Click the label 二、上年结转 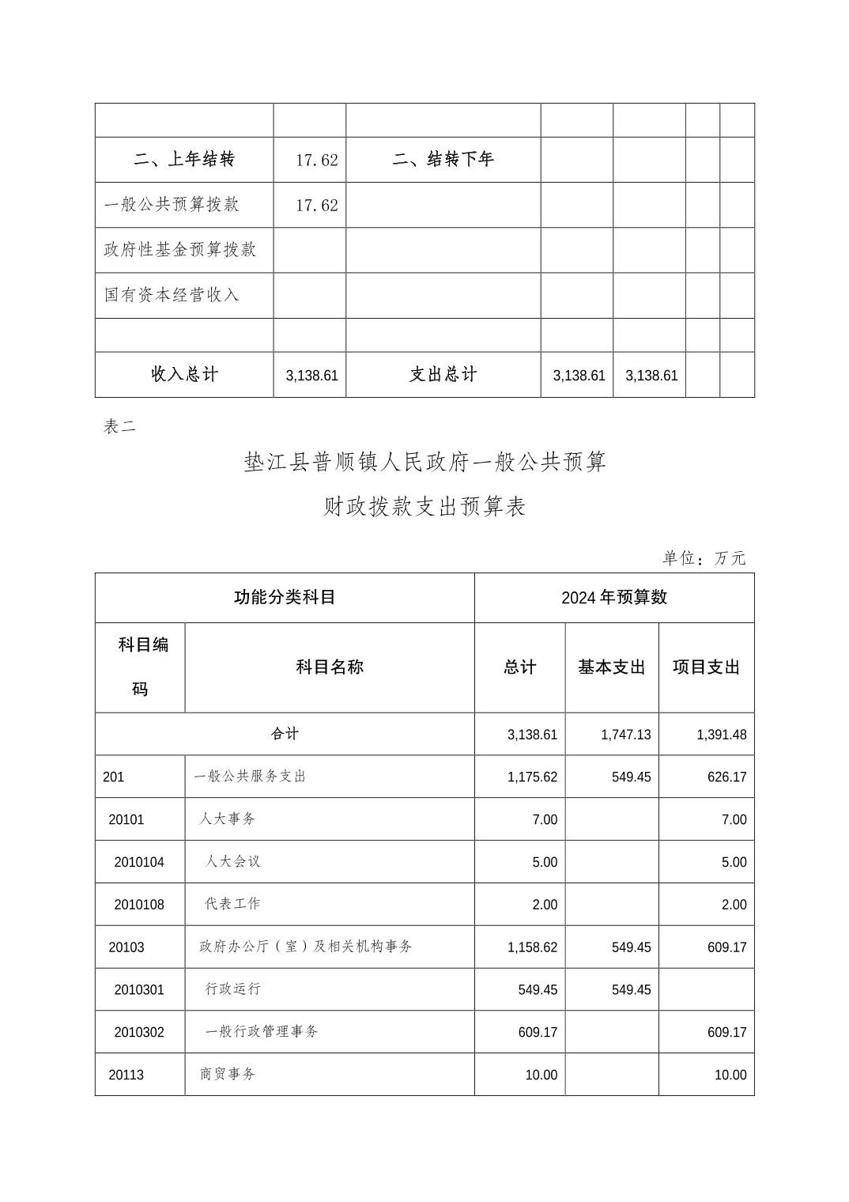[x=184, y=160]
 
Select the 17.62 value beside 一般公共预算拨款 [x=317, y=206]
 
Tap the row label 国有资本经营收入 [x=172, y=295]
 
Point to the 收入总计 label [x=184, y=375]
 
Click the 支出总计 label [x=443, y=375]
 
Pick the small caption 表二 [x=119, y=427]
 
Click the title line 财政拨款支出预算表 [x=424, y=506]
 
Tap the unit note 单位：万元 [x=704, y=558]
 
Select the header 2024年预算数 [x=614, y=598]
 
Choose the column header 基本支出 [x=612, y=667]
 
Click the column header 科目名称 [x=330, y=667]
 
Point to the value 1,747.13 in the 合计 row [x=626, y=735]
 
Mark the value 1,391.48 [x=721, y=735]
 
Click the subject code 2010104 [x=139, y=862]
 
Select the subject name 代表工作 [x=232, y=904]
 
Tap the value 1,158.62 [x=532, y=947]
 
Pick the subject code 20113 [x=126, y=1075]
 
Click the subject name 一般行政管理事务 [x=262, y=1032]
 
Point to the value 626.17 [x=726, y=777]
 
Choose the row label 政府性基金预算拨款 [x=180, y=250]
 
